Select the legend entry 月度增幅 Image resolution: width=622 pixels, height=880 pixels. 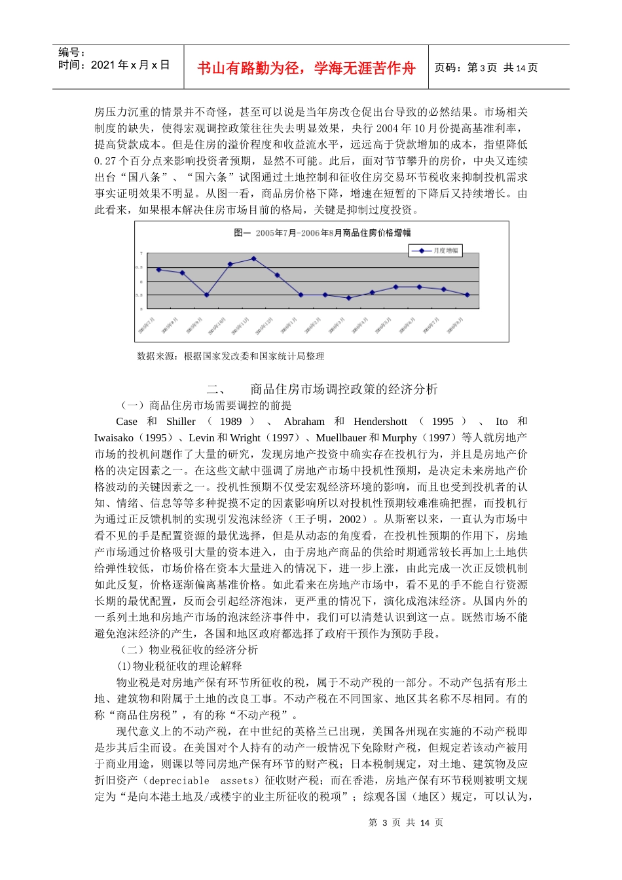(x=435, y=250)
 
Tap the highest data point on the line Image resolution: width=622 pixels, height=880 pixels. (x=254, y=259)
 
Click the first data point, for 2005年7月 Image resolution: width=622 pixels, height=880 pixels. (x=159, y=269)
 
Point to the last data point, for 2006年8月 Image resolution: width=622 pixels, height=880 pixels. (x=467, y=295)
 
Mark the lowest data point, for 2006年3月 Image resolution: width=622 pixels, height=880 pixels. (x=349, y=298)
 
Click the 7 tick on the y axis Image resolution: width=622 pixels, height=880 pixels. (x=141, y=253)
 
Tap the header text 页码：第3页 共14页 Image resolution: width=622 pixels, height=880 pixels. (x=486, y=67)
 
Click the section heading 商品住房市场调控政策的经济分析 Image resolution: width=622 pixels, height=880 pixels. (x=344, y=389)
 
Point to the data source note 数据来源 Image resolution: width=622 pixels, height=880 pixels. (x=230, y=356)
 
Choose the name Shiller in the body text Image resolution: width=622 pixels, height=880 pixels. (x=181, y=422)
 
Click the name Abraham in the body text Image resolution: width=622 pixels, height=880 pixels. (x=304, y=422)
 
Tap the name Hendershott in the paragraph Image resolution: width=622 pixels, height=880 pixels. (x=380, y=422)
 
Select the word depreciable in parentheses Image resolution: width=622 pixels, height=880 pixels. (x=179, y=780)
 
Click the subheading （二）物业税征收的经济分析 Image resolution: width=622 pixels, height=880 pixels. (x=187, y=650)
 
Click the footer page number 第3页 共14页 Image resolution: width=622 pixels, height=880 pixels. (x=406, y=823)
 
